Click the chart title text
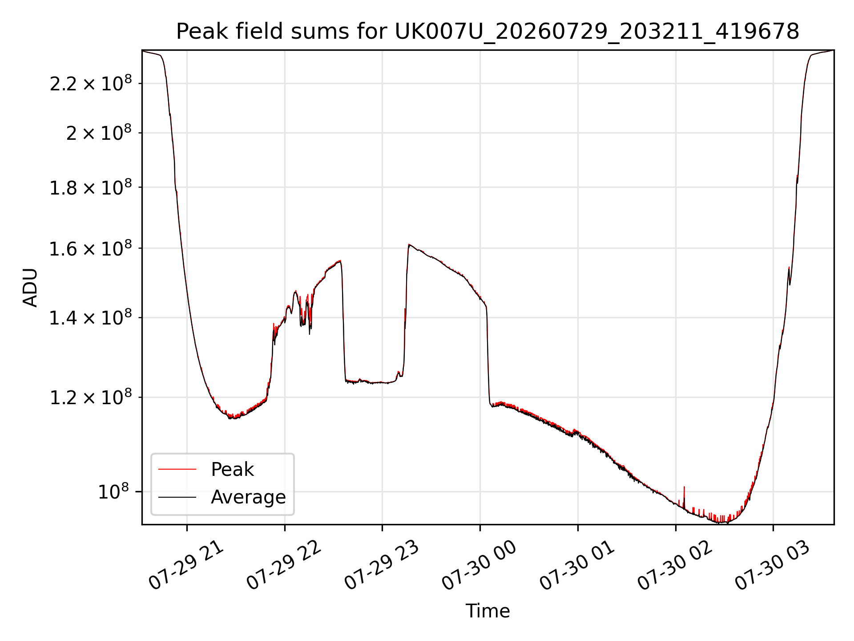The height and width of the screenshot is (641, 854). click(x=487, y=32)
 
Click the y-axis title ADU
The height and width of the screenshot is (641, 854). click(x=30, y=288)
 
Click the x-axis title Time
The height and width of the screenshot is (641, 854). click(x=487, y=611)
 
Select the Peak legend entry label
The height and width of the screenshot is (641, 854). click(x=232, y=470)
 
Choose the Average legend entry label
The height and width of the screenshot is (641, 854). click(x=248, y=497)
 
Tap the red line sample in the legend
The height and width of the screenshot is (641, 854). click(x=177, y=469)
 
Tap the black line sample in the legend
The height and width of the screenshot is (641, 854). click(x=177, y=497)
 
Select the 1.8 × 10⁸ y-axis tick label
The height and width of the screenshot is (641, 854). click(x=91, y=187)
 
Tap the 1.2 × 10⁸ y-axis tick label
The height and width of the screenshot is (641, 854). click(x=91, y=397)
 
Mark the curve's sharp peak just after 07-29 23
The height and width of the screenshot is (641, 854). click(x=409, y=244)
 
